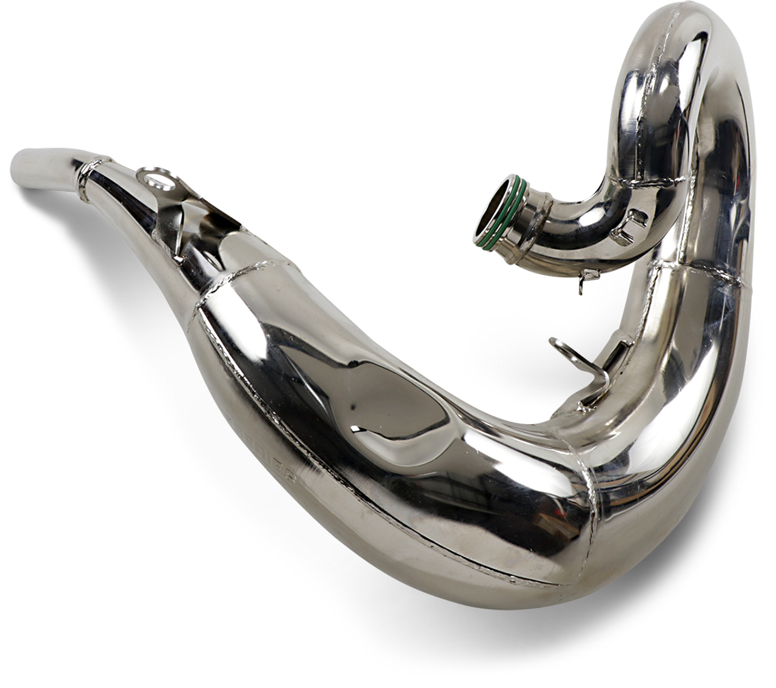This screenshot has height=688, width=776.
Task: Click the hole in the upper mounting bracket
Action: coord(152,178)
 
